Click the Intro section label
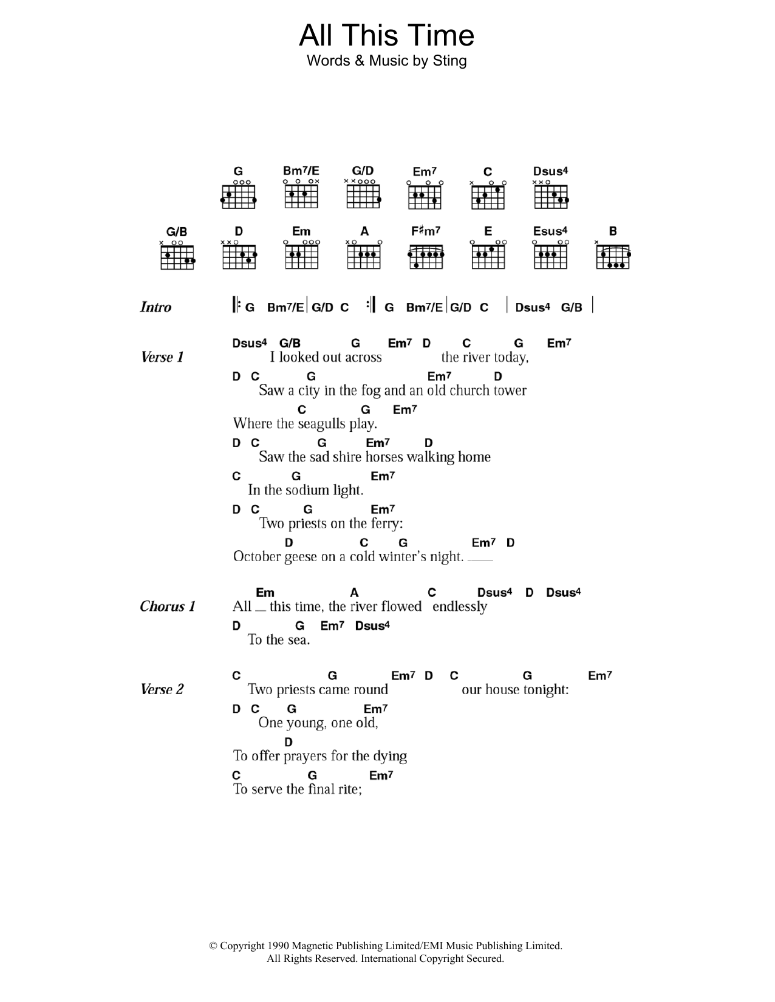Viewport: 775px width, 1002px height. pyautogui.click(x=155, y=307)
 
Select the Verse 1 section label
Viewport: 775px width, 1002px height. pyautogui.click(x=162, y=357)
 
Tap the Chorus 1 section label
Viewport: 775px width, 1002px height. pyautogui.click(x=168, y=606)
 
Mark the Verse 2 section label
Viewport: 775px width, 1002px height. pyautogui.click(x=162, y=689)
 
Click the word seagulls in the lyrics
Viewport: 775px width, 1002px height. pyautogui.click(x=325, y=424)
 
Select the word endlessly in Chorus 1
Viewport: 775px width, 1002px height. pyautogui.click(x=460, y=607)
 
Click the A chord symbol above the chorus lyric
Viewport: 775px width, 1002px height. pyautogui.click(x=354, y=593)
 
